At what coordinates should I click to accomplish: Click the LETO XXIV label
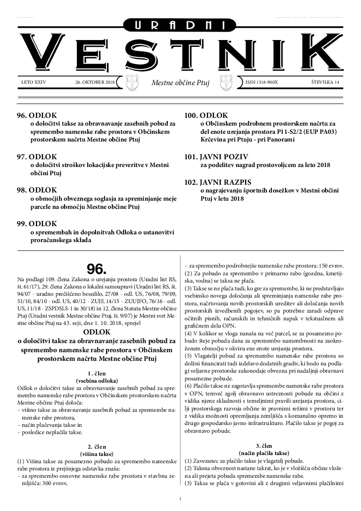34,82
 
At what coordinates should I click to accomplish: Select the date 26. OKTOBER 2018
95,82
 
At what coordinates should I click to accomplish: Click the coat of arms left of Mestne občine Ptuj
131,82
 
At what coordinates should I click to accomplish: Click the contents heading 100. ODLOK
206,116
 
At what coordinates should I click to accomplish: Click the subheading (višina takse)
96,454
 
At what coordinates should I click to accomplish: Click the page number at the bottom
180,499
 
